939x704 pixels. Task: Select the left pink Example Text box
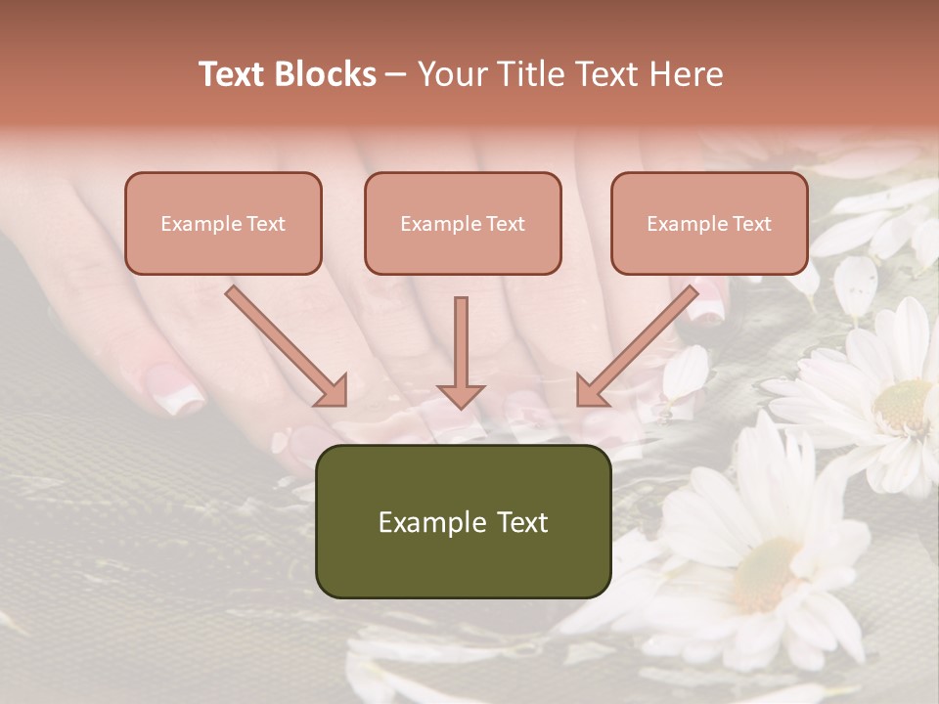point(223,224)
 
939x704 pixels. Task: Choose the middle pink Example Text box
point(463,224)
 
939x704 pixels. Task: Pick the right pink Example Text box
point(709,224)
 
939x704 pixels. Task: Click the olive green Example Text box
point(463,522)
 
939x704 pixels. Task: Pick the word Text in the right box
point(751,224)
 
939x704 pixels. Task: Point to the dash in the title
point(396,74)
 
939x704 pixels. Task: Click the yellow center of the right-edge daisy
point(902,405)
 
